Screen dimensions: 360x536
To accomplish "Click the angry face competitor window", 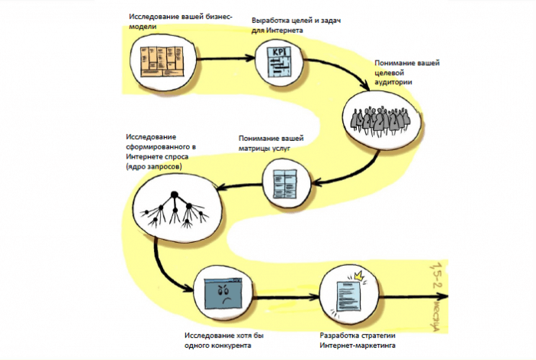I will coord(223,293).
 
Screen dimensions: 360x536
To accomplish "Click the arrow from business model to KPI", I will coord(225,57).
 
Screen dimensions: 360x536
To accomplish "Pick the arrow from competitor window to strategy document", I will coord(286,294).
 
